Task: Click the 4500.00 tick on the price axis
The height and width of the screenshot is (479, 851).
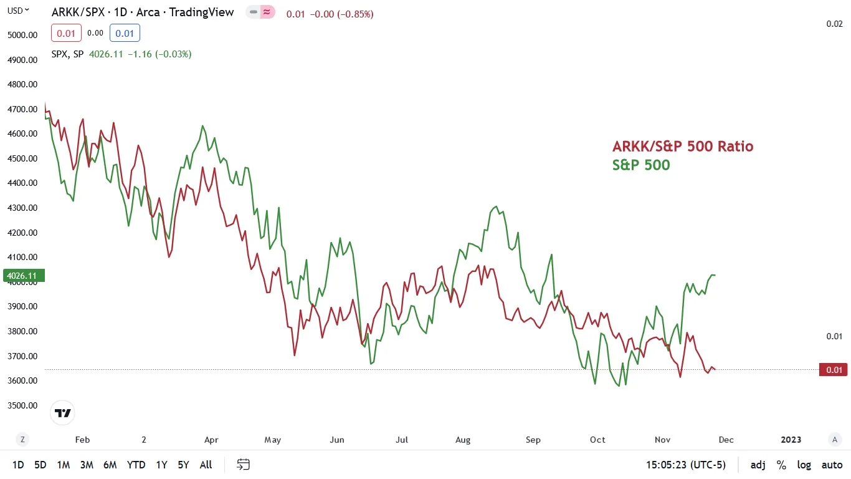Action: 22,158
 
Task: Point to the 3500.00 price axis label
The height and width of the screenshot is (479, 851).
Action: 22,405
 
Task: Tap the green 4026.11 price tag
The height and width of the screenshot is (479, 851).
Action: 21,276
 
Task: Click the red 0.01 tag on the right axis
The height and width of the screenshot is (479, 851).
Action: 834,370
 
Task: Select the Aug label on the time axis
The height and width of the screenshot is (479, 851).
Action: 463,440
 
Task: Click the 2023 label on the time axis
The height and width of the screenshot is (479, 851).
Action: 791,440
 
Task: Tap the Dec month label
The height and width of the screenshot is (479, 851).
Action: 726,440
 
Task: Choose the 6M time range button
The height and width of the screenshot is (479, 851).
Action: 110,465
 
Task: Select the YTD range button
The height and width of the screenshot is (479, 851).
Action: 136,465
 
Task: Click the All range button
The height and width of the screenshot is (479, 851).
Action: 206,465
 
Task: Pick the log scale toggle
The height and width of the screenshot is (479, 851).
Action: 804,465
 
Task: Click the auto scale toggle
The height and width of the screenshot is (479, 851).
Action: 832,465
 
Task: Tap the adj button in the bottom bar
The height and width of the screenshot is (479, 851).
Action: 758,465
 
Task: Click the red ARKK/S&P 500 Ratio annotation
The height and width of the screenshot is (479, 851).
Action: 683,147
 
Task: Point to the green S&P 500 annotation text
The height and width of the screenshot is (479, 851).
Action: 641,165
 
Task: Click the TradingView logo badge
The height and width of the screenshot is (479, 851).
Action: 63,413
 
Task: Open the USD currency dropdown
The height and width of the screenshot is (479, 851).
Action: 18,10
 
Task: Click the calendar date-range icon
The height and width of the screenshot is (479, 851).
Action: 244,465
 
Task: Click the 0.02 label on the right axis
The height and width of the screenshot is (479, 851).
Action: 834,24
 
